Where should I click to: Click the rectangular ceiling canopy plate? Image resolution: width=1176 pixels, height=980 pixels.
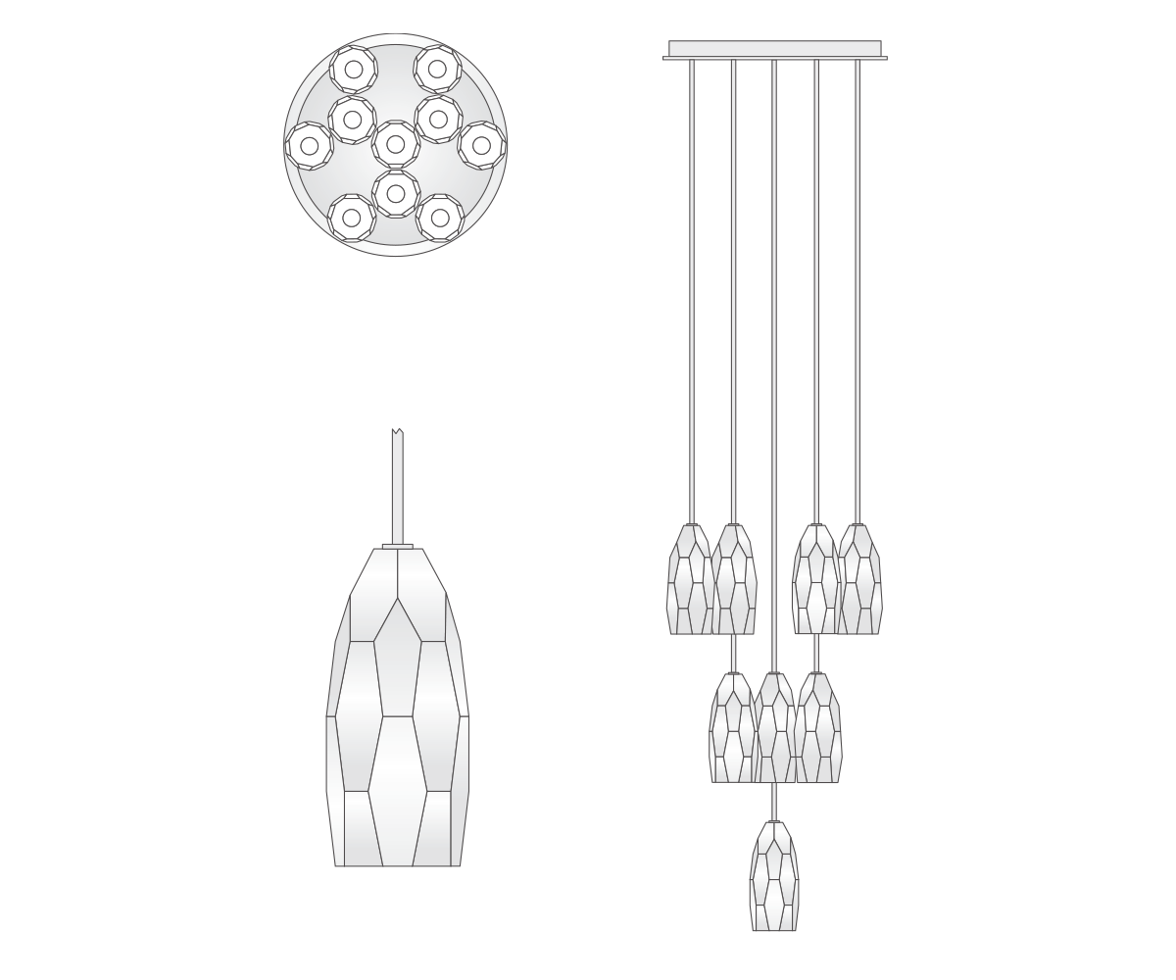click(774, 50)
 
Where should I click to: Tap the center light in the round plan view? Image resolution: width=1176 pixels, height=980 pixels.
click(396, 145)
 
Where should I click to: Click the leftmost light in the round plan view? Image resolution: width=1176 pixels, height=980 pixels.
click(309, 146)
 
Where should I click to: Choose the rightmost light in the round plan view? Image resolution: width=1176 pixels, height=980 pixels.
click(481, 145)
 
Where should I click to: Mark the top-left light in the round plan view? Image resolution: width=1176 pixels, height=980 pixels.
click(352, 70)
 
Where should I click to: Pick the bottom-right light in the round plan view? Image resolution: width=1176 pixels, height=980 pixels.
click(439, 218)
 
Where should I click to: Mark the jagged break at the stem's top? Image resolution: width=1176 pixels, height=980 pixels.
click(397, 432)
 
